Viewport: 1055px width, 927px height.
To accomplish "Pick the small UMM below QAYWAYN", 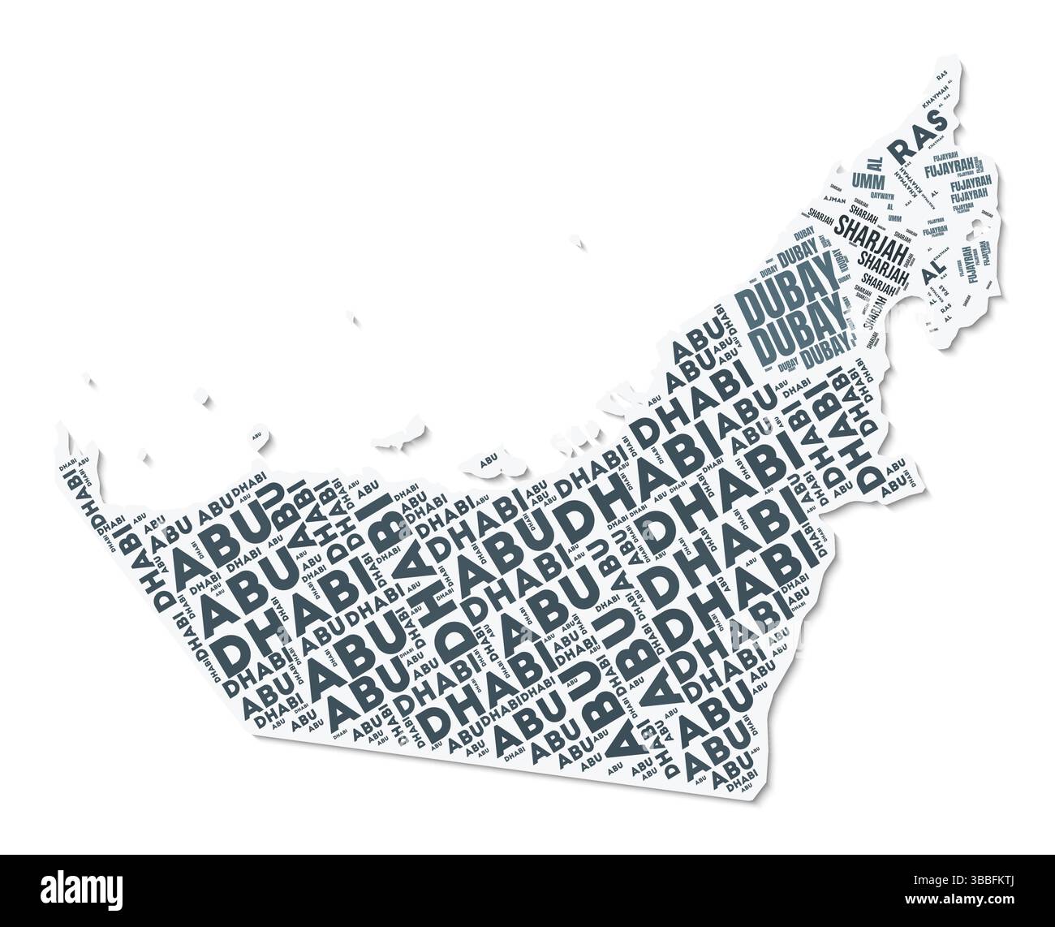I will (x=894, y=218).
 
